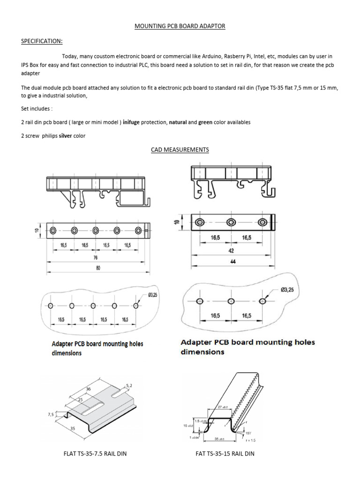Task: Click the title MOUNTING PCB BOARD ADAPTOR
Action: (180, 27)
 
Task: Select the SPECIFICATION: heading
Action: (42, 41)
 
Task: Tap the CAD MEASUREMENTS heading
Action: (180, 150)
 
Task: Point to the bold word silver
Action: (67, 136)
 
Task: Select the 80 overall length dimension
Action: (98, 268)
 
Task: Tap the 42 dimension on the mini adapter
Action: (230, 251)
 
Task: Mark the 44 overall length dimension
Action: (232, 262)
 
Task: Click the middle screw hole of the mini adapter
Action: (231, 223)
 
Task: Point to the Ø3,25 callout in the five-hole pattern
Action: (153, 295)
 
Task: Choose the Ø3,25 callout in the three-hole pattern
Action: (287, 290)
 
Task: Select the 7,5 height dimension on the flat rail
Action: (50, 414)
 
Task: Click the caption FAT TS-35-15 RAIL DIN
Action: (225, 454)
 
